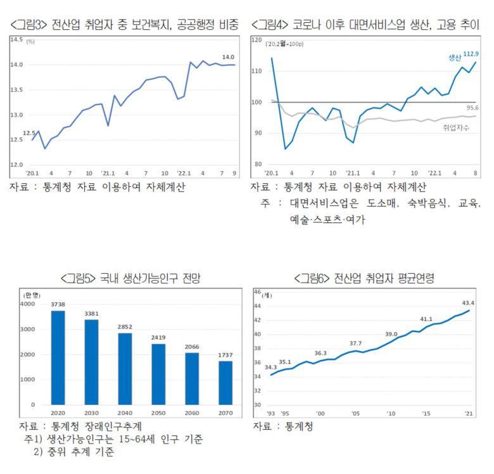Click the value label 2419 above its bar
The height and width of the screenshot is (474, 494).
click(159, 337)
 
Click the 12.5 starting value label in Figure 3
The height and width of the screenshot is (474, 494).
click(30, 133)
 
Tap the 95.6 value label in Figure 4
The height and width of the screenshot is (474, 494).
click(472, 108)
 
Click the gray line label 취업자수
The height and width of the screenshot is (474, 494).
click(456, 127)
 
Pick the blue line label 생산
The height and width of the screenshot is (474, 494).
click(454, 57)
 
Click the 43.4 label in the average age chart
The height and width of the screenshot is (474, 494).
click(469, 303)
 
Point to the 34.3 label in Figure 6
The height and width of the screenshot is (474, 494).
click(270, 367)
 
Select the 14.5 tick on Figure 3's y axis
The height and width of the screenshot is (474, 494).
click(16, 39)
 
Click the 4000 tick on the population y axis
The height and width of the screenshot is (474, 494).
click(28, 304)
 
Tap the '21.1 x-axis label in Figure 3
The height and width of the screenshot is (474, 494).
click(108, 172)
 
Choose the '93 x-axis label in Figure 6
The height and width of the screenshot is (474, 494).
click(270, 413)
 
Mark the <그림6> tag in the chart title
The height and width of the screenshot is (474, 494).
click(315, 278)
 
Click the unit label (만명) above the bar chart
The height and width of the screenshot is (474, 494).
click(31, 295)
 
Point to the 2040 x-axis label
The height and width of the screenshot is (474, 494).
click(125, 414)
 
